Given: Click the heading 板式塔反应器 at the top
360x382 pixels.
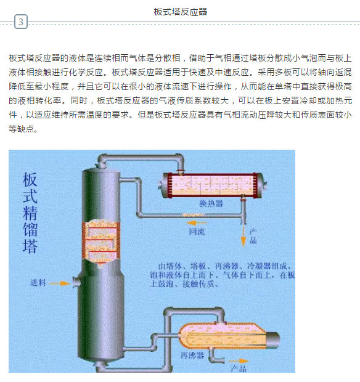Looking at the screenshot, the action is click(x=181, y=12).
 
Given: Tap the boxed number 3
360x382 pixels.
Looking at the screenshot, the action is click(x=21, y=22).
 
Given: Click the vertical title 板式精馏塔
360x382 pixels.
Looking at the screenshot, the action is click(x=30, y=213).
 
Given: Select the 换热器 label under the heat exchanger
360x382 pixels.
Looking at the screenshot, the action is click(x=211, y=203).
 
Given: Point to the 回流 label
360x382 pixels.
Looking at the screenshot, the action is click(x=197, y=232).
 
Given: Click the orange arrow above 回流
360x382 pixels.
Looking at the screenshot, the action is click(x=197, y=222).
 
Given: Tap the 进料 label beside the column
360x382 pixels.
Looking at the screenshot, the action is click(x=38, y=283).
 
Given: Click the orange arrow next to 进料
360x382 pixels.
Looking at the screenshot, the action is click(x=60, y=283).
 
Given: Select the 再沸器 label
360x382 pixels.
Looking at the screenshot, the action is click(x=192, y=356).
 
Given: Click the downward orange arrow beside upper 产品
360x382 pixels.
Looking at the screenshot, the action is click(x=243, y=237).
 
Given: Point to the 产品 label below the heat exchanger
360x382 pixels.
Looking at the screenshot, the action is click(x=253, y=236).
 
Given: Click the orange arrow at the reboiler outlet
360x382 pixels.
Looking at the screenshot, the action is click(x=238, y=361).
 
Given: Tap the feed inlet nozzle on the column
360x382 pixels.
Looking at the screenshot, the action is click(x=76, y=283).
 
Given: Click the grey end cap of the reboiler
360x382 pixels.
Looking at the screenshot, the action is click(x=273, y=339).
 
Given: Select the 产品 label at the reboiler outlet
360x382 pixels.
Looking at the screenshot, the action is click(x=239, y=369).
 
